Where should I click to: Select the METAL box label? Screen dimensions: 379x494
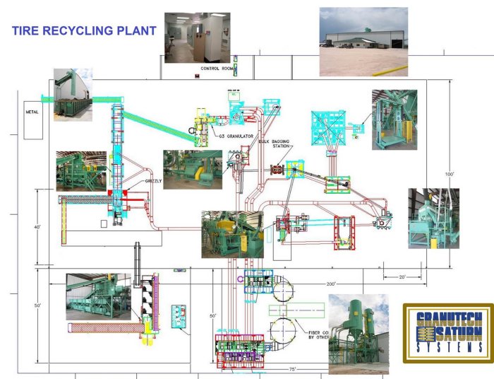pos(32,112)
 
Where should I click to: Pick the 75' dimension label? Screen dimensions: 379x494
pos(291,369)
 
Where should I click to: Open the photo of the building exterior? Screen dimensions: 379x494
pos(363,41)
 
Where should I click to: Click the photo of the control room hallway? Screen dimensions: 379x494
pos(197,37)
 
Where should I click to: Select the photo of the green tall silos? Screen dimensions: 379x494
pos(359,334)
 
